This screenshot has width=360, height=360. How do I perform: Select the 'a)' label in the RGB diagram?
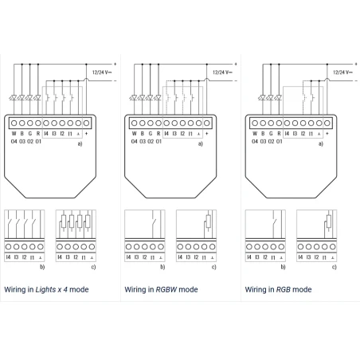click(321, 143)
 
